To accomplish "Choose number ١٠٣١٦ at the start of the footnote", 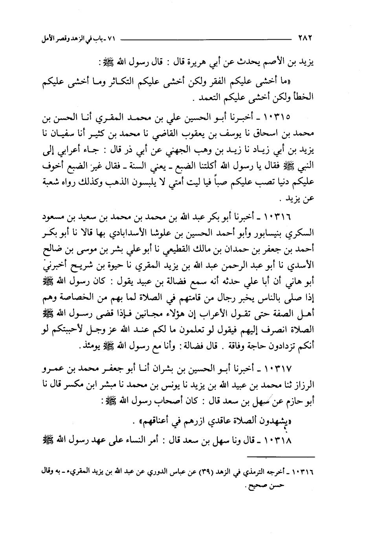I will (305, 471).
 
